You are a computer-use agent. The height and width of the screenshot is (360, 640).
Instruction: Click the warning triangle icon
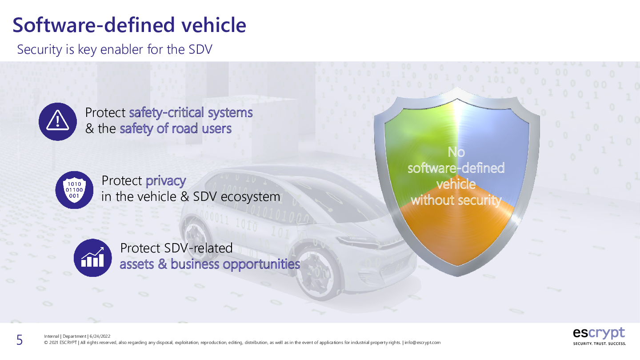pos(58,121)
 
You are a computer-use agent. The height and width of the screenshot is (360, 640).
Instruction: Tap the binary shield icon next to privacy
pos(74,190)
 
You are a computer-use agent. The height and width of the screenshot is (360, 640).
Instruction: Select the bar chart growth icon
pos(92,258)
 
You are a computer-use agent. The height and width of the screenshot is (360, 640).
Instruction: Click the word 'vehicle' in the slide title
pos(214,25)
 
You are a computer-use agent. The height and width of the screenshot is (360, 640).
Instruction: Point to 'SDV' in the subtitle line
pos(200,49)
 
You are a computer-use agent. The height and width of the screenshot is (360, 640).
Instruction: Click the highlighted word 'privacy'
pos(166,181)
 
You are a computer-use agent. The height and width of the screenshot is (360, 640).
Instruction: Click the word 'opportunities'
pos(261,264)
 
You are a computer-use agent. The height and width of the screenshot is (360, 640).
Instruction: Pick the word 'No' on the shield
pos(456,152)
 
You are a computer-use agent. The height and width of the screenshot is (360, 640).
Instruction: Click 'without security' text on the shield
pos(456,200)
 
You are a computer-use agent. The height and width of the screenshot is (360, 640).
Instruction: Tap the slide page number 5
pos(20,340)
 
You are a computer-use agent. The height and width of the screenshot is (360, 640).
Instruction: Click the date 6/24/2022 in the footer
pos(100,336)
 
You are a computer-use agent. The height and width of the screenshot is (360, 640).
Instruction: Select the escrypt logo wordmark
pos(599,333)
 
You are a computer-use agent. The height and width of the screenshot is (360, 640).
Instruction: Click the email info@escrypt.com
pos(423,343)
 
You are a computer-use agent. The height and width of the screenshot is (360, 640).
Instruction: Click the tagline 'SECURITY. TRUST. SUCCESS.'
pos(600,344)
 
